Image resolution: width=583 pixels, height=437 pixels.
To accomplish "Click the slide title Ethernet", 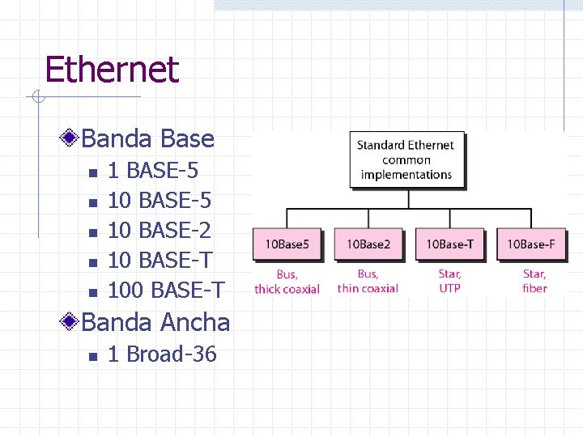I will coord(112,70).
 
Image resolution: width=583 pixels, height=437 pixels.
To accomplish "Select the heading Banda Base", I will coord(147,138).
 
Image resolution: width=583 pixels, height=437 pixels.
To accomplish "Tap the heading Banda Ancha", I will coord(155,322).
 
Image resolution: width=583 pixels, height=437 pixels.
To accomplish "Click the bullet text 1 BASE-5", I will coord(153,171).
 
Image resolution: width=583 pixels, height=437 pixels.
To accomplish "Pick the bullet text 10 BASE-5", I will coord(160,201).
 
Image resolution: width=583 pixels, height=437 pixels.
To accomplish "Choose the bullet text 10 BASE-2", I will coord(160,231).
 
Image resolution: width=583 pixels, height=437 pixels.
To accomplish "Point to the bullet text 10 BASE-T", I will coord(160,261).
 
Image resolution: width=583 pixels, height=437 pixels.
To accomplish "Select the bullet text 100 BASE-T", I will coord(167,290).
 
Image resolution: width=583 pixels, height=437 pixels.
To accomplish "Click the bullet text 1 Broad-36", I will coord(162,354).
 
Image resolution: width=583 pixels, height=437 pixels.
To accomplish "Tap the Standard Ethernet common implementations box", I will coord(406,159).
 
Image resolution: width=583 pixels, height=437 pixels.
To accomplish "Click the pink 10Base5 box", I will coord(287,244).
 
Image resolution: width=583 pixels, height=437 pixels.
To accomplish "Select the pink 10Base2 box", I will coord(368,244).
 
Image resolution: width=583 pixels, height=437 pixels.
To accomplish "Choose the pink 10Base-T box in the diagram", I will coord(450,244).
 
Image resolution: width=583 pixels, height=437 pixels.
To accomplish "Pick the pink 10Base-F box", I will coord(531,244).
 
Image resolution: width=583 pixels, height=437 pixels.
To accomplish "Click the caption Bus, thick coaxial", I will coord(287,282).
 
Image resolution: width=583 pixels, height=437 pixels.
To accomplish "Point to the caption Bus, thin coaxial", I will coord(368,281).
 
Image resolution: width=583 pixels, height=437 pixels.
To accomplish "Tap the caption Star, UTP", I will coord(450,281).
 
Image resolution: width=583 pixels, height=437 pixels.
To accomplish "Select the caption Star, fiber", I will coord(534,281).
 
